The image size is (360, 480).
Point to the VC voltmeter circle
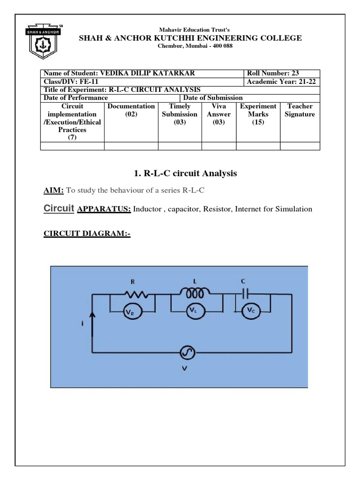pyautogui.click(x=252, y=310)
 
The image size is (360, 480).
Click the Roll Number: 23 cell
pyautogui.click(x=283, y=73)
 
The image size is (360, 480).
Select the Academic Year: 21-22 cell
pyautogui.click(x=283, y=82)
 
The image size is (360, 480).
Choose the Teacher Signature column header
pyautogui.click(x=300, y=110)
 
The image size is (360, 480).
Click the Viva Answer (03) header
pyautogui.click(x=218, y=114)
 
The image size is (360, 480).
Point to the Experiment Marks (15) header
pyautogui.click(x=258, y=114)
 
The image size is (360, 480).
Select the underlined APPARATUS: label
pyautogui.click(x=104, y=209)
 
